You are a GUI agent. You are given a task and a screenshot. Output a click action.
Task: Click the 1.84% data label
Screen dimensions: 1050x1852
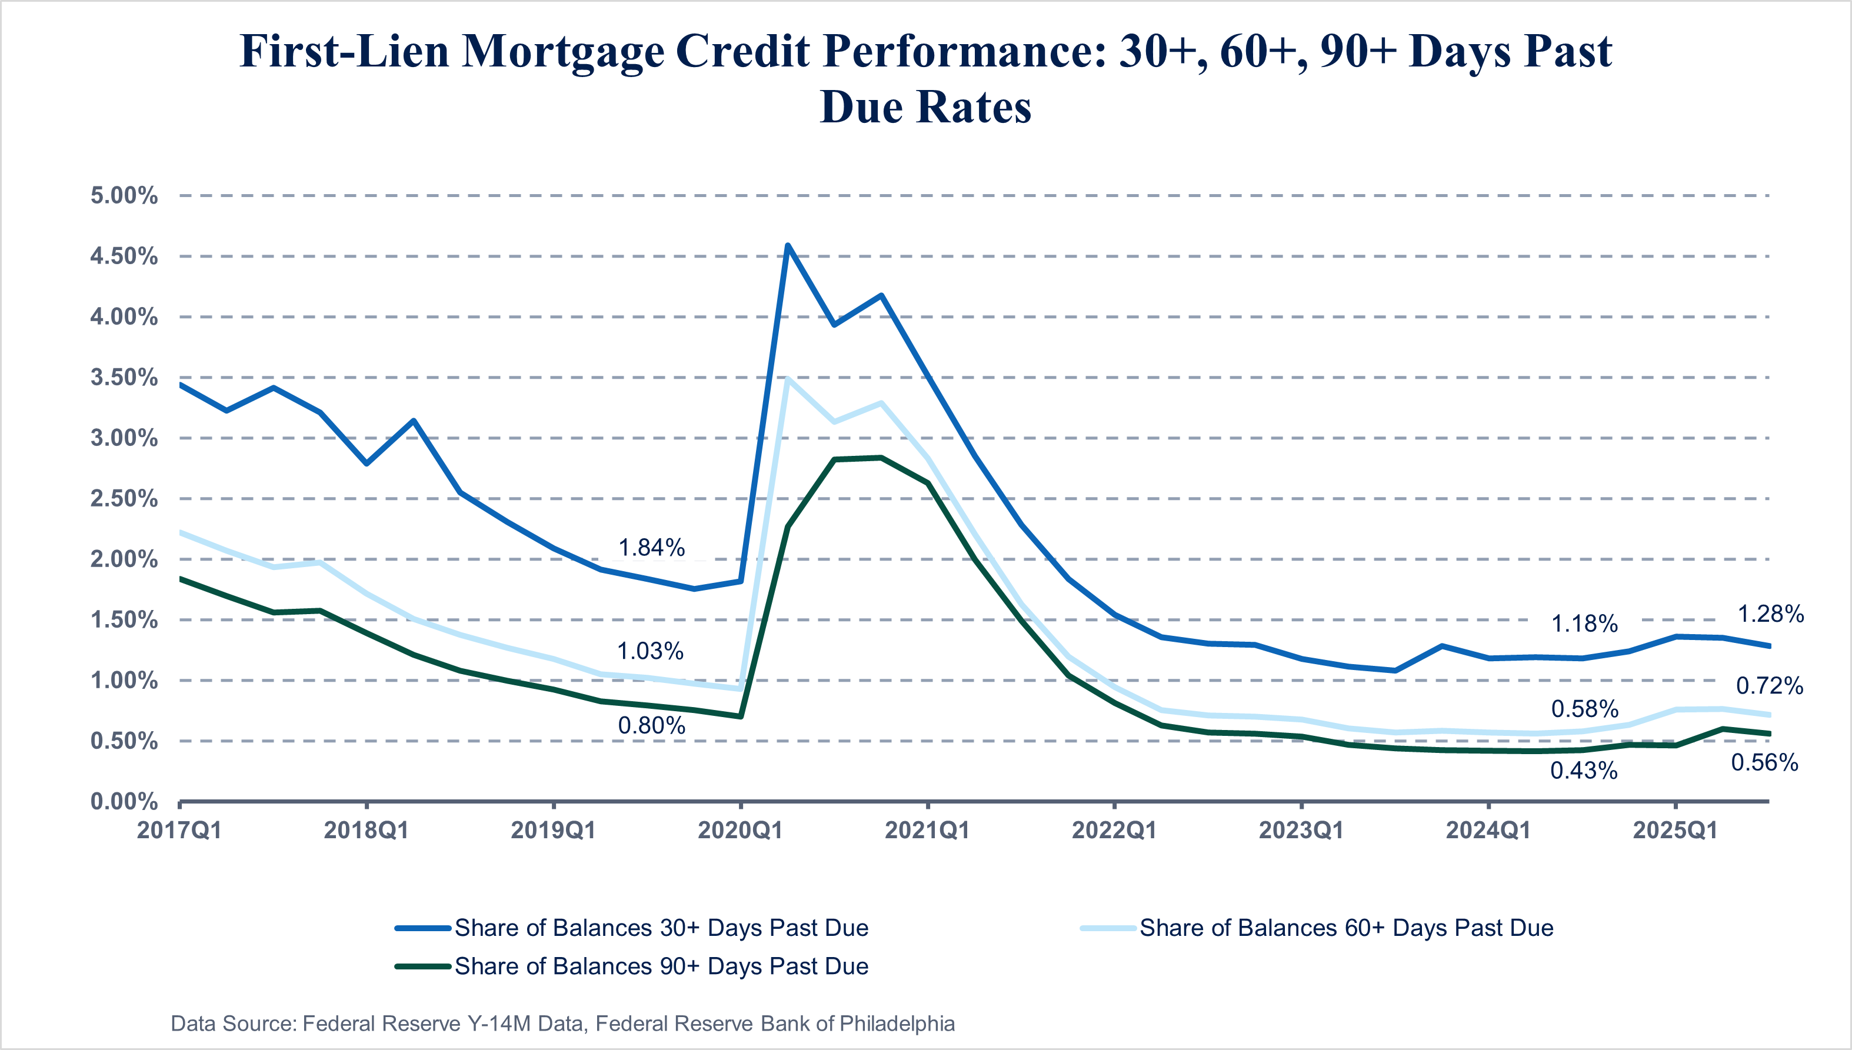(x=651, y=548)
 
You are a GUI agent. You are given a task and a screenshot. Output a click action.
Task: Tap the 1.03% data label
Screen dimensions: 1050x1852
(x=649, y=652)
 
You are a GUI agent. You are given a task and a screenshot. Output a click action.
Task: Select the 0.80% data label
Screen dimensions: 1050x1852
(x=651, y=725)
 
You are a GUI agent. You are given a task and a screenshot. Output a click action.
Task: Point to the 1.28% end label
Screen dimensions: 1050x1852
(x=1770, y=615)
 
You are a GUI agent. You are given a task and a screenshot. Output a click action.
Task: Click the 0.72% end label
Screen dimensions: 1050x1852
(x=1769, y=686)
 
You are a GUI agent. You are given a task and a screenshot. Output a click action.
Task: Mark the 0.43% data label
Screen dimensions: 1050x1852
(x=1584, y=771)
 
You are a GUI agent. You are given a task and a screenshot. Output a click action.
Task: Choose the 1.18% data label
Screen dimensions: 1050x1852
(x=1584, y=624)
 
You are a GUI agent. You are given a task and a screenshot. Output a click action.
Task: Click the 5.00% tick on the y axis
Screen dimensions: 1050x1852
(x=124, y=195)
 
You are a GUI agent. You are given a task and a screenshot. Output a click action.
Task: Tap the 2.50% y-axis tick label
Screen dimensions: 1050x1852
(x=124, y=498)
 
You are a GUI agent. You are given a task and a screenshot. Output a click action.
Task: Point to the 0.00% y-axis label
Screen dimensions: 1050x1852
(x=124, y=801)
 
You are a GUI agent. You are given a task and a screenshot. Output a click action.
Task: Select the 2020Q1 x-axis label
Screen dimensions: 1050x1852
(x=740, y=831)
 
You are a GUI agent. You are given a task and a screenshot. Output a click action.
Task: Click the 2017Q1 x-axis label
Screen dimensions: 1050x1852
(x=179, y=831)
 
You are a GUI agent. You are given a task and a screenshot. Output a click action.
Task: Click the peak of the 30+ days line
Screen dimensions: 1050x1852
(x=788, y=246)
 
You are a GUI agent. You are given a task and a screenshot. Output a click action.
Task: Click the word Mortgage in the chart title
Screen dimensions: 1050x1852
(x=562, y=52)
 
